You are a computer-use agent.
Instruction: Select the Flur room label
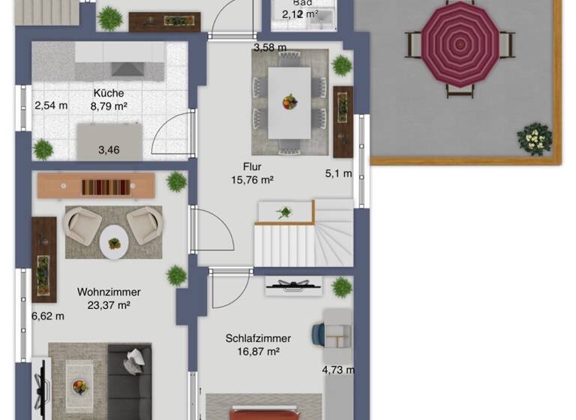pos(250,166)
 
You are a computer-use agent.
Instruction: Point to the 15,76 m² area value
pos(250,180)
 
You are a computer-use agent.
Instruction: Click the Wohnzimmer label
pos(109,292)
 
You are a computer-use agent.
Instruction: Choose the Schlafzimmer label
pos(258,338)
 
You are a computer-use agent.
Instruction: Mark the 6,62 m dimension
pos(48,316)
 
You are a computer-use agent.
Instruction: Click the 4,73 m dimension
pos(338,370)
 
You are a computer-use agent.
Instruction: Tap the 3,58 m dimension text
pos(270,47)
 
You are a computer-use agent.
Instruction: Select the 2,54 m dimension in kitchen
pos(51,106)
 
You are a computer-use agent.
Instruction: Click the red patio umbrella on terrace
pos(458,44)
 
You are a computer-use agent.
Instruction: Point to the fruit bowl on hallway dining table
pos(289,101)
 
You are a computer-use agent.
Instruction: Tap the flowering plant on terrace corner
pos(533,139)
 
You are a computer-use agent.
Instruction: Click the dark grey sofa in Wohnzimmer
pos(130,382)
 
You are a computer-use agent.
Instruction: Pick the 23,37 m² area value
pos(109,304)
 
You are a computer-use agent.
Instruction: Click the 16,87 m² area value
pos(258,351)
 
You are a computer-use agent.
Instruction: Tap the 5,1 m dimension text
pos(338,173)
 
